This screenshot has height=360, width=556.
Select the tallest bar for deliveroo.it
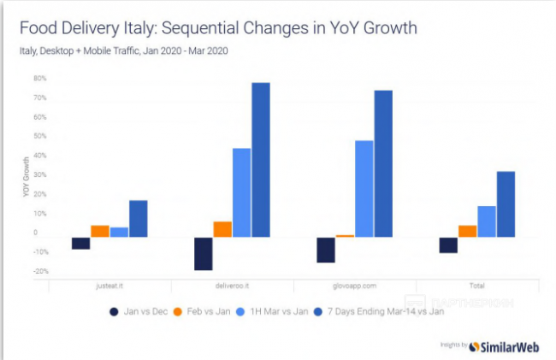point(260,159)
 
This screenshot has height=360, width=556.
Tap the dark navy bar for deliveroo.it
point(204,253)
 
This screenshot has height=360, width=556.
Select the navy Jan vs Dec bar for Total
point(448,245)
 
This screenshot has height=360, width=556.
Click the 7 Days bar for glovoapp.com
point(383,163)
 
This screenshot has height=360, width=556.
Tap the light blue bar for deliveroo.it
point(241,192)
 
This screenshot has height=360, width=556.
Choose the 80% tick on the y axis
point(39,78)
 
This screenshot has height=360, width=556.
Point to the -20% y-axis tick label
point(38,272)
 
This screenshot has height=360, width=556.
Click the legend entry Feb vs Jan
point(203,311)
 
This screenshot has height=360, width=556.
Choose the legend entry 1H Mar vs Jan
point(275,311)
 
